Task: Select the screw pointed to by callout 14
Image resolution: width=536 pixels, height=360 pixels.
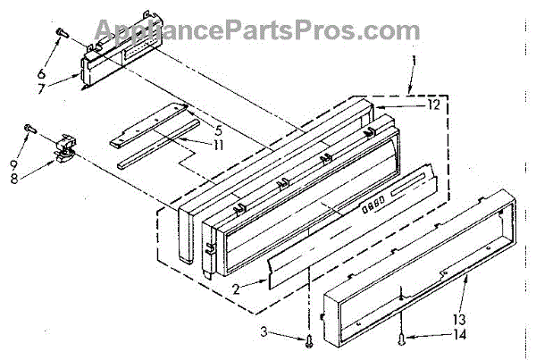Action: [x=400, y=338]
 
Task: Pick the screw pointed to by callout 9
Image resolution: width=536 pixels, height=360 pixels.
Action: [x=29, y=129]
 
